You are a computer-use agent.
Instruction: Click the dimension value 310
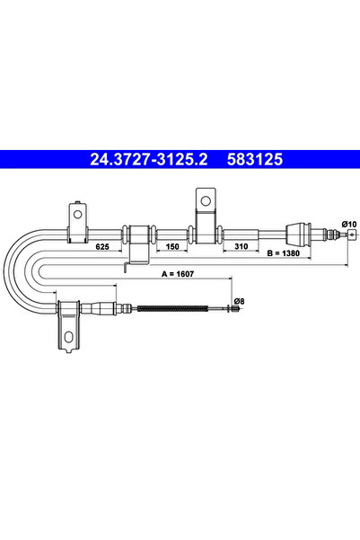point(240,244)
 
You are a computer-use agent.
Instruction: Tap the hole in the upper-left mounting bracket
point(78,216)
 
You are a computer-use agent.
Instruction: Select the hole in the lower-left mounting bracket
point(69,339)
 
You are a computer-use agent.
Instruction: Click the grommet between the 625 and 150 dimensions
point(138,236)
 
